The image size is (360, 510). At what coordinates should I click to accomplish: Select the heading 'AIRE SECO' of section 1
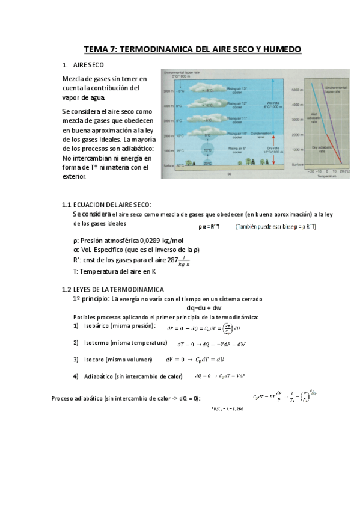(x=88, y=64)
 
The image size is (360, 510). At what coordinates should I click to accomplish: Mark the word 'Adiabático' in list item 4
(x=103, y=376)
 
